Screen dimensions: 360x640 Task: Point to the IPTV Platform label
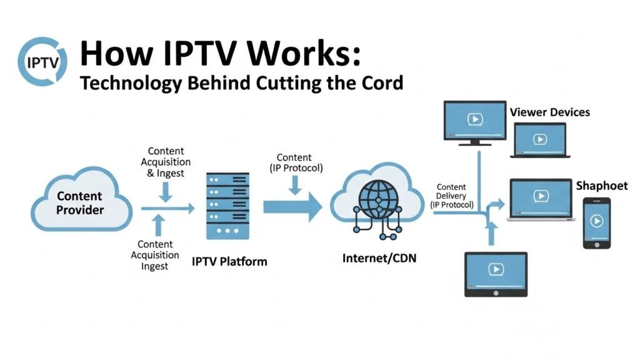pyautogui.click(x=229, y=261)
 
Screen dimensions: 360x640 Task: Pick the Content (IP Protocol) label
pyautogui.click(x=294, y=162)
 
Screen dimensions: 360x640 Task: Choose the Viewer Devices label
pyautogui.click(x=549, y=112)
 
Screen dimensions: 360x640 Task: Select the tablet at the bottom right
pyautogui.click(x=496, y=273)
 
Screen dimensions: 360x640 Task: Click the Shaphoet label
pyautogui.click(x=601, y=186)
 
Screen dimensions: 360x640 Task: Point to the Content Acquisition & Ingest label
pyautogui.click(x=166, y=162)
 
